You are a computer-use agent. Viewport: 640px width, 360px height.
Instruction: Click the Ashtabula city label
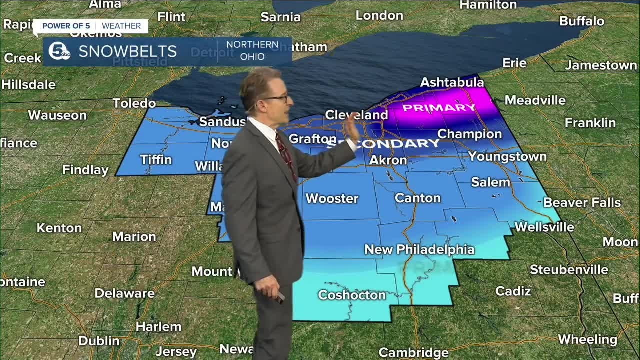pyautogui.click(x=452, y=82)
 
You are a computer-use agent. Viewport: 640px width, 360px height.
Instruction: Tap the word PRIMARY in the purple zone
pyautogui.click(x=439, y=108)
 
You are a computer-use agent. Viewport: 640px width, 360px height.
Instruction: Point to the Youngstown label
pyautogui.click(x=507, y=157)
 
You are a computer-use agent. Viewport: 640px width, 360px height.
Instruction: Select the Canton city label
pyautogui.click(x=417, y=198)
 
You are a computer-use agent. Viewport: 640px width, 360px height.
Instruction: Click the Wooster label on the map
pyautogui.click(x=332, y=199)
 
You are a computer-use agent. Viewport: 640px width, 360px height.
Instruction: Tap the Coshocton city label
pyautogui.click(x=352, y=295)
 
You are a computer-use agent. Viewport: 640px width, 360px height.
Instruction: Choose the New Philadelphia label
pyautogui.click(x=419, y=249)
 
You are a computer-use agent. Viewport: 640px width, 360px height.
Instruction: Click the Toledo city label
pyautogui.click(x=134, y=103)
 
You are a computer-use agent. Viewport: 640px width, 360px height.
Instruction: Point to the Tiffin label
pyautogui.click(x=156, y=160)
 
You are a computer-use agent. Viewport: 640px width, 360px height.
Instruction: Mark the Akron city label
pyautogui.click(x=388, y=160)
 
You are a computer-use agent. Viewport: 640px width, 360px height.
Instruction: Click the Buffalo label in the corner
pyautogui.click(x=581, y=21)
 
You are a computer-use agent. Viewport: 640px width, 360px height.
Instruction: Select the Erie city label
pyautogui.click(x=514, y=63)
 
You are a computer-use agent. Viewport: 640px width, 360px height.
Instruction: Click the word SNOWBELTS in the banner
pyautogui.click(x=127, y=51)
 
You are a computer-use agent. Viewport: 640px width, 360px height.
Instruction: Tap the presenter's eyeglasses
pyautogui.click(x=276, y=99)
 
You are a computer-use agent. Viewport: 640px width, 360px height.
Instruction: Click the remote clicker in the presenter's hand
pyautogui.click(x=279, y=297)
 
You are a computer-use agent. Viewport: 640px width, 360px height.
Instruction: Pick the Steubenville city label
pyautogui.click(x=569, y=270)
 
